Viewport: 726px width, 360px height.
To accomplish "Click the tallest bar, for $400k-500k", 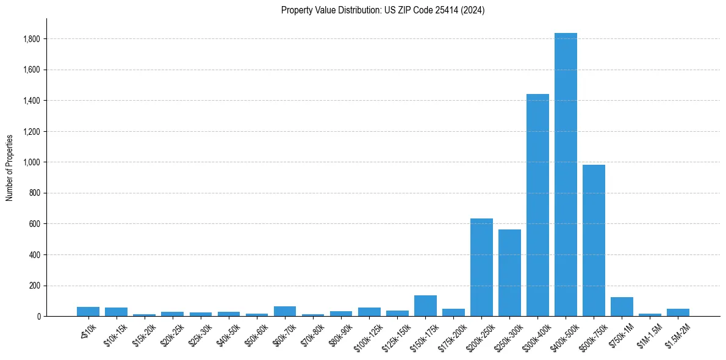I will click(x=566, y=175).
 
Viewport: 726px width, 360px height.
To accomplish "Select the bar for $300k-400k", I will click(x=537, y=205).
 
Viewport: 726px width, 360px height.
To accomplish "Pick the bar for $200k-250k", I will click(x=481, y=267).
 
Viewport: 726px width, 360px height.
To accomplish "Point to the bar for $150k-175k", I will click(x=425, y=306).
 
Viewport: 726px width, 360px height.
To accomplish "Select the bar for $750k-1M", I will click(x=622, y=307).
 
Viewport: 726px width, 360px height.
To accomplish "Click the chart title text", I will click(x=383, y=10).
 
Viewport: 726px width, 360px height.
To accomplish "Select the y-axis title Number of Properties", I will click(x=10, y=167).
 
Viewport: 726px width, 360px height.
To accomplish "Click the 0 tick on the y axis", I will click(x=38, y=316).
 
